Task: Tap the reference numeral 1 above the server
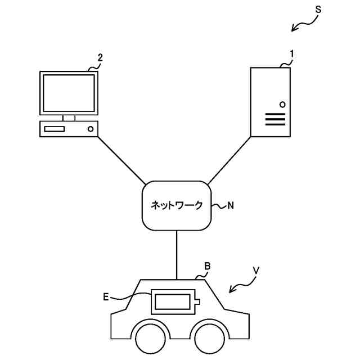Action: pyautogui.click(x=291, y=53)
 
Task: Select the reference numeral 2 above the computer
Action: pyautogui.click(x=100, y=57)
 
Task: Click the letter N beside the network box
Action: pyautogui.click(x=230, y=206)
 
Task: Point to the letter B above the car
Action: pyautogui.click(x=207, y=265)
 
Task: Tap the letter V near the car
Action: pyautogui.click(x=256, y=271)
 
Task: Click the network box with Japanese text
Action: pyautogui.click(x=177, y=205)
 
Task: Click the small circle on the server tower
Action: pyautogui.click(x=282, y=105)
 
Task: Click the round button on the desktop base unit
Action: pyautogui.click(x=90, y=129)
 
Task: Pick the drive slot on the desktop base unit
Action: pyautogui.click(x=55, y=129)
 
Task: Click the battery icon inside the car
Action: pyautogui.click(x=174, y=302)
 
